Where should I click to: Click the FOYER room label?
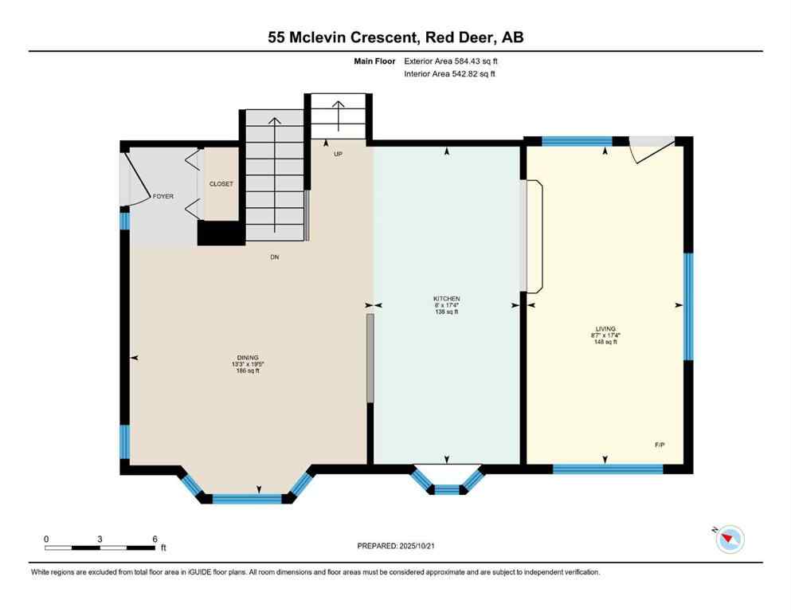[163, 196]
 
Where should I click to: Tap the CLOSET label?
[221, 184]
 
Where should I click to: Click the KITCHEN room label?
[446, 297]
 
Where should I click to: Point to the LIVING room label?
[605, 328]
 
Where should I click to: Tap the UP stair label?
[338, 154]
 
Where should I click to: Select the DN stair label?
[275, 257]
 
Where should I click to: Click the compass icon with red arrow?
[730, 539]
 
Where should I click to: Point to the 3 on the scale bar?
[100, 539]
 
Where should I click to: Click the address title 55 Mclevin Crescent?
[350, 37]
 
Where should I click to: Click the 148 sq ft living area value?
[605, 343]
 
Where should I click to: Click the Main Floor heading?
[377, 61]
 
